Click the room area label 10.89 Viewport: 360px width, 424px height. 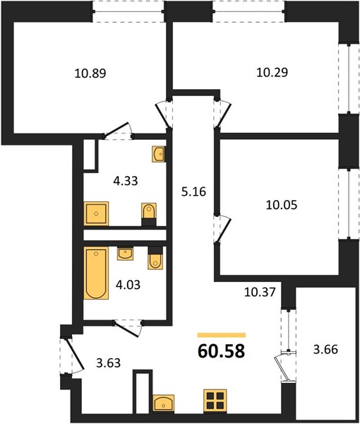(90, 73)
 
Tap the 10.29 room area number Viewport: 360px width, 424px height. (272, 73)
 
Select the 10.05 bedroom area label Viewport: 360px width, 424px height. (282, 205)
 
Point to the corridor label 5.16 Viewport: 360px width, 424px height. (193, 192)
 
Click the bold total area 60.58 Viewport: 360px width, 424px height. (222, 351)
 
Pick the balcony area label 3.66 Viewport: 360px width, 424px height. (325, 349)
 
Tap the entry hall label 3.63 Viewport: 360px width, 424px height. (108, 363)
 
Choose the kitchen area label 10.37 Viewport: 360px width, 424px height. (260, 292)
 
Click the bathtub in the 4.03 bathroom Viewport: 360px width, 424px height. (96, 273)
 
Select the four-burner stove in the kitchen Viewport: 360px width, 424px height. (215, 401)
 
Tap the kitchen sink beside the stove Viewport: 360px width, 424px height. (163, 403)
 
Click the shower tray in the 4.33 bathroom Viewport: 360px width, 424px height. (96, 213)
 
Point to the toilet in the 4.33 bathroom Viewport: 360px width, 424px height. (149, 214)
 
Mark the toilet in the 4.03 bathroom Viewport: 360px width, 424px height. (155, 258)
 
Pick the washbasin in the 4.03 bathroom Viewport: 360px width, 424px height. (125, 254)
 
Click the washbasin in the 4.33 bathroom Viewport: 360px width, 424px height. (159, 154)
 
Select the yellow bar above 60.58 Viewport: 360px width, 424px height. (222, 335)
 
